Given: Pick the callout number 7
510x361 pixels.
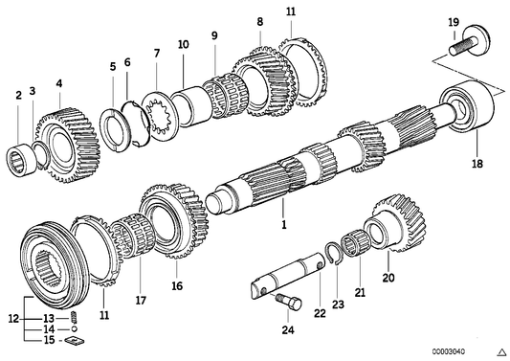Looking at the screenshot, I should [x=157, y=54].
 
